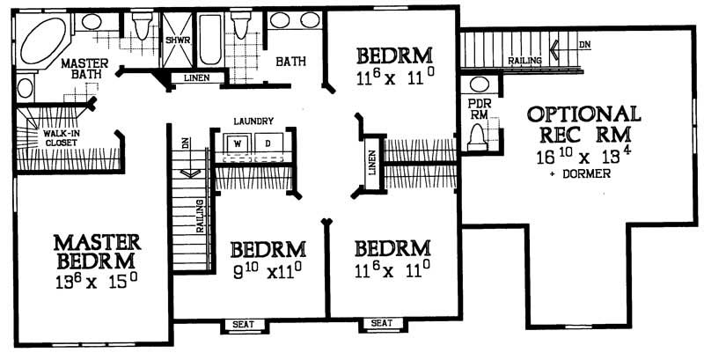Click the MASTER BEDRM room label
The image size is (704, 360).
[97, 251]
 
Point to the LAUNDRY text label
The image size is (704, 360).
[254, 121]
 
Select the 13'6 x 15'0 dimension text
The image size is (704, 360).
[96, 282]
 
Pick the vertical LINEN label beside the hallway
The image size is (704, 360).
[372, 162]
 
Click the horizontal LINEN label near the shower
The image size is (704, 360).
[196, 78]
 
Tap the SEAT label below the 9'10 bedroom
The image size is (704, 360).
[243, 325]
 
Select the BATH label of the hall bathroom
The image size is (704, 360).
[290, 62]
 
